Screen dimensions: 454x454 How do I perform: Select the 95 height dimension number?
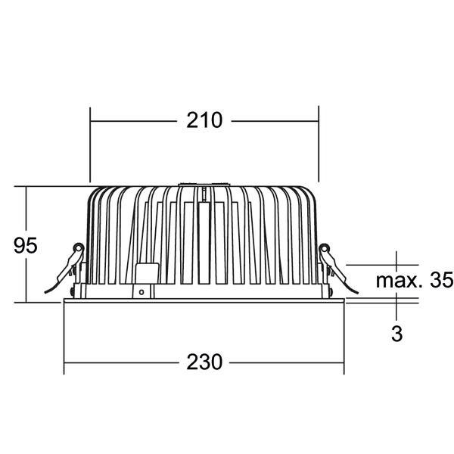(x=25, y=246)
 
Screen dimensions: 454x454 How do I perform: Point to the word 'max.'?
(x=400, y=281)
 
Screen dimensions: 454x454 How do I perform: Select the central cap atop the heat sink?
(x=204, y=185)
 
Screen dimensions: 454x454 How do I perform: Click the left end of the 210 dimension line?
(x=91, y=120)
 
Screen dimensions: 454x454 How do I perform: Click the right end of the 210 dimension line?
(x=319, y=120)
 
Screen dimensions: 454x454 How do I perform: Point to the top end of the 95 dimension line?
(x=26, y=186)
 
